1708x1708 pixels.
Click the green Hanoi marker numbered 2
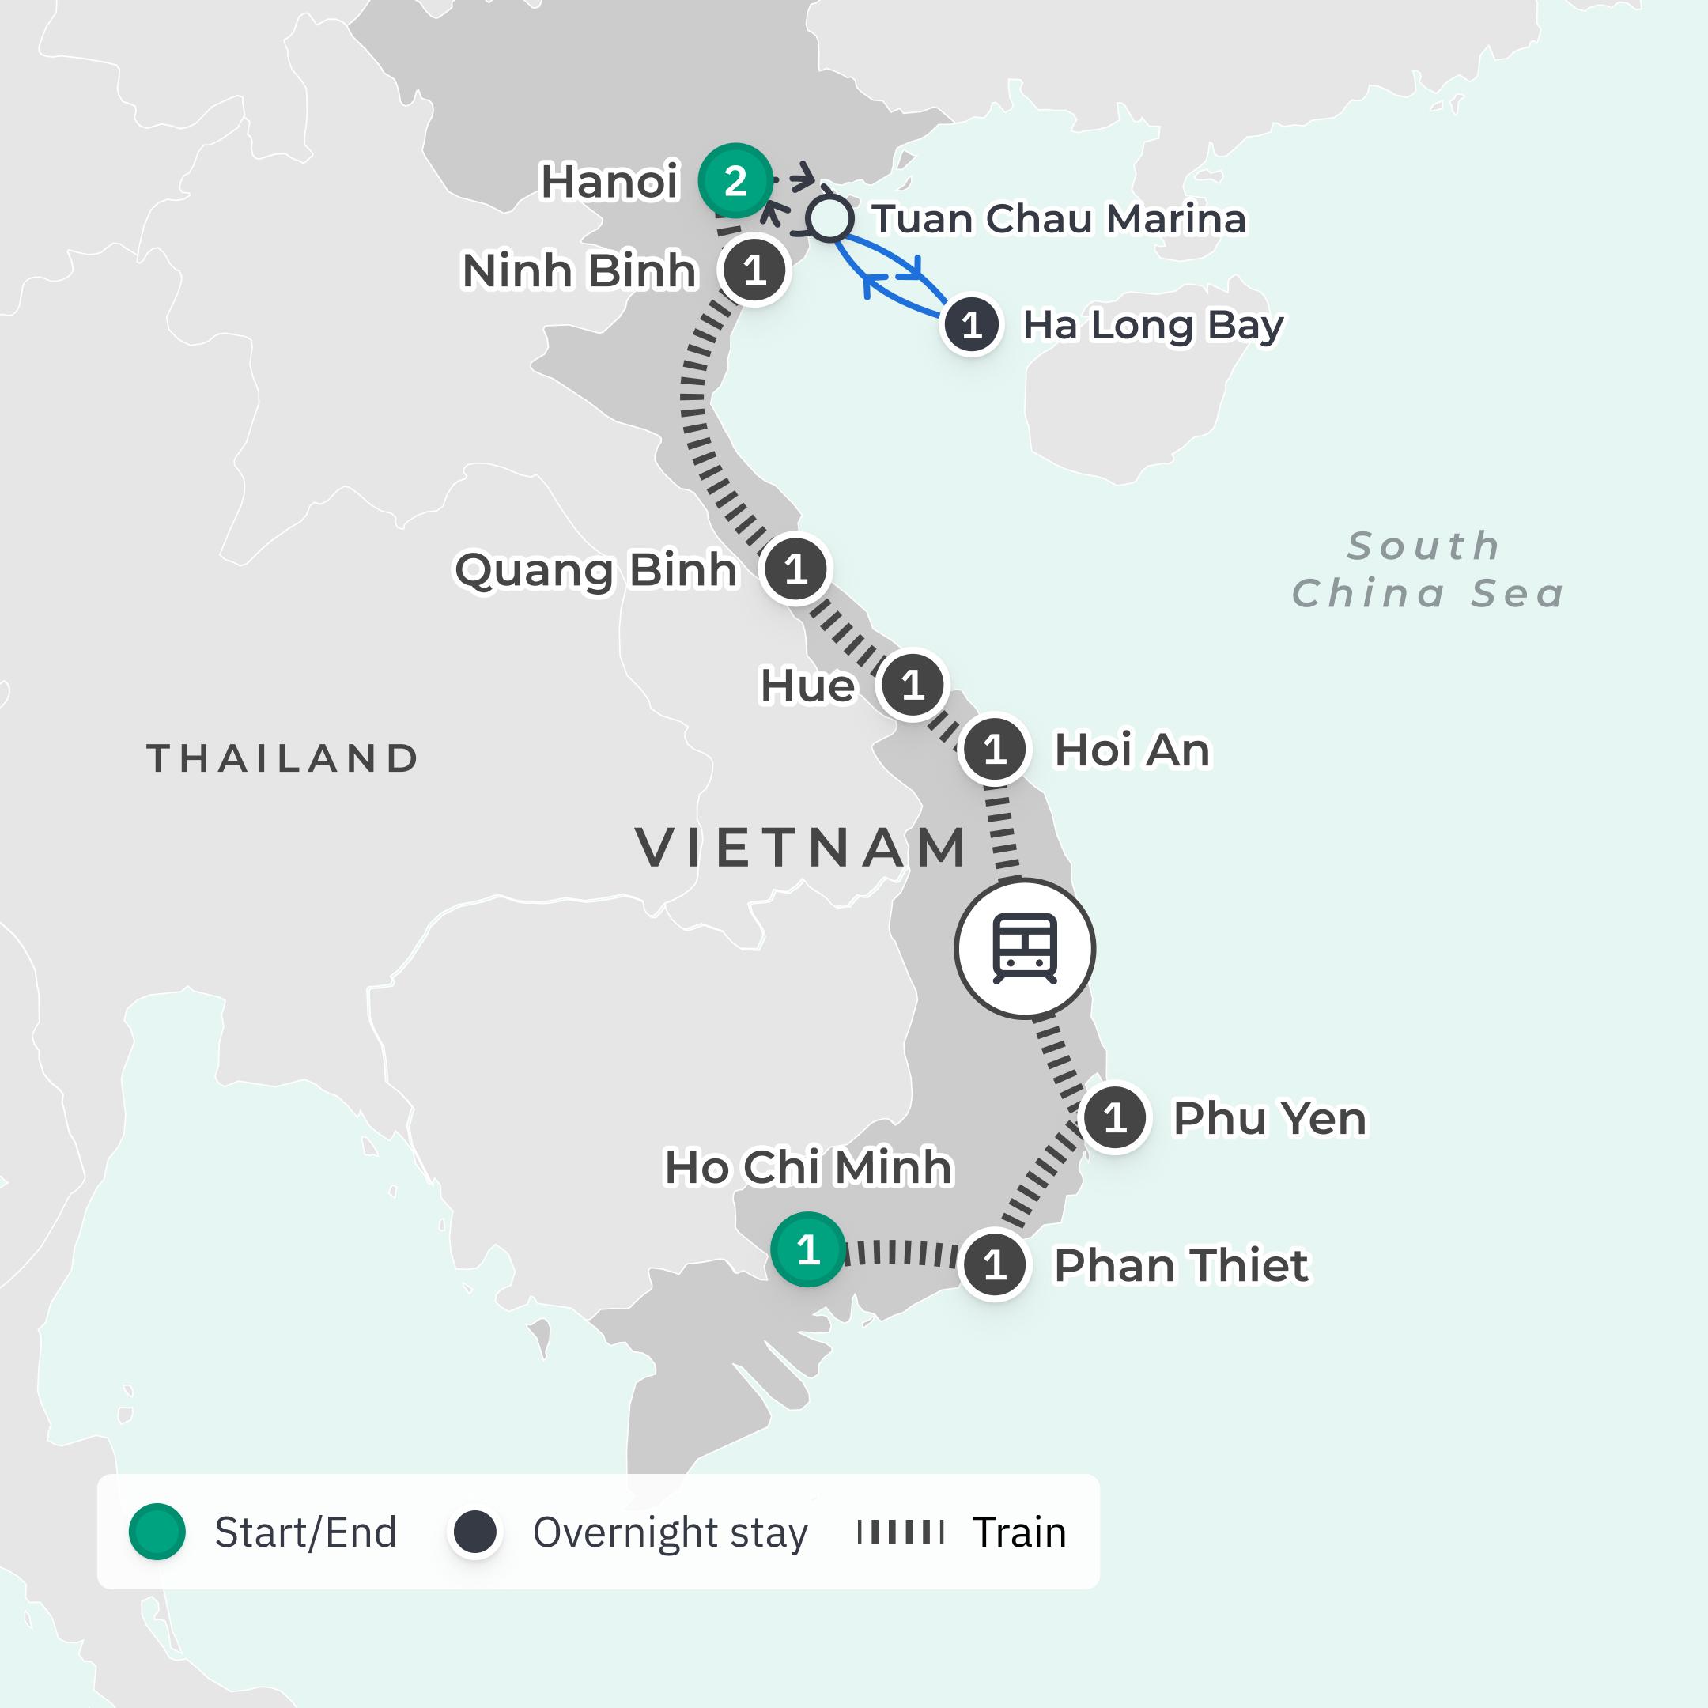coord(735,180)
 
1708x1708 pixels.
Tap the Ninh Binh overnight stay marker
coord(754,270)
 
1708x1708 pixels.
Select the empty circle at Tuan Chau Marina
coord(829,218)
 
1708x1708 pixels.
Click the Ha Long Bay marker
coord(972,325)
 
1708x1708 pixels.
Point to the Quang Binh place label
coord(595,570)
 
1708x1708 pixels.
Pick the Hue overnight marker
coord(913,684)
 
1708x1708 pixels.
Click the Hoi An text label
coord(1132,750)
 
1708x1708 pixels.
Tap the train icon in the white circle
coord(1025,949)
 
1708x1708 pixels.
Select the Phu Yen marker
coord(1115,1118)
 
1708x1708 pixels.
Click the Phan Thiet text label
coord(1181,1265)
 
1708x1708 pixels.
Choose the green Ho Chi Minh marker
coord(807,1249)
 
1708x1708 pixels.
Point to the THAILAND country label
coord(283,758)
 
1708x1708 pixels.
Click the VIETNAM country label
coord(801,848)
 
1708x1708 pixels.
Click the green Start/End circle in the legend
coord(157,1531)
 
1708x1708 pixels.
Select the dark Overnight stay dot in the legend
coord(474,1531)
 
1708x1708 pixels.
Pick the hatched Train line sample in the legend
coord(900,1531)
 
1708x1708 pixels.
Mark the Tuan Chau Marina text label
coord(1058,219)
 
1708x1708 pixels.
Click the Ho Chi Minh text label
coord(808,1167)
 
